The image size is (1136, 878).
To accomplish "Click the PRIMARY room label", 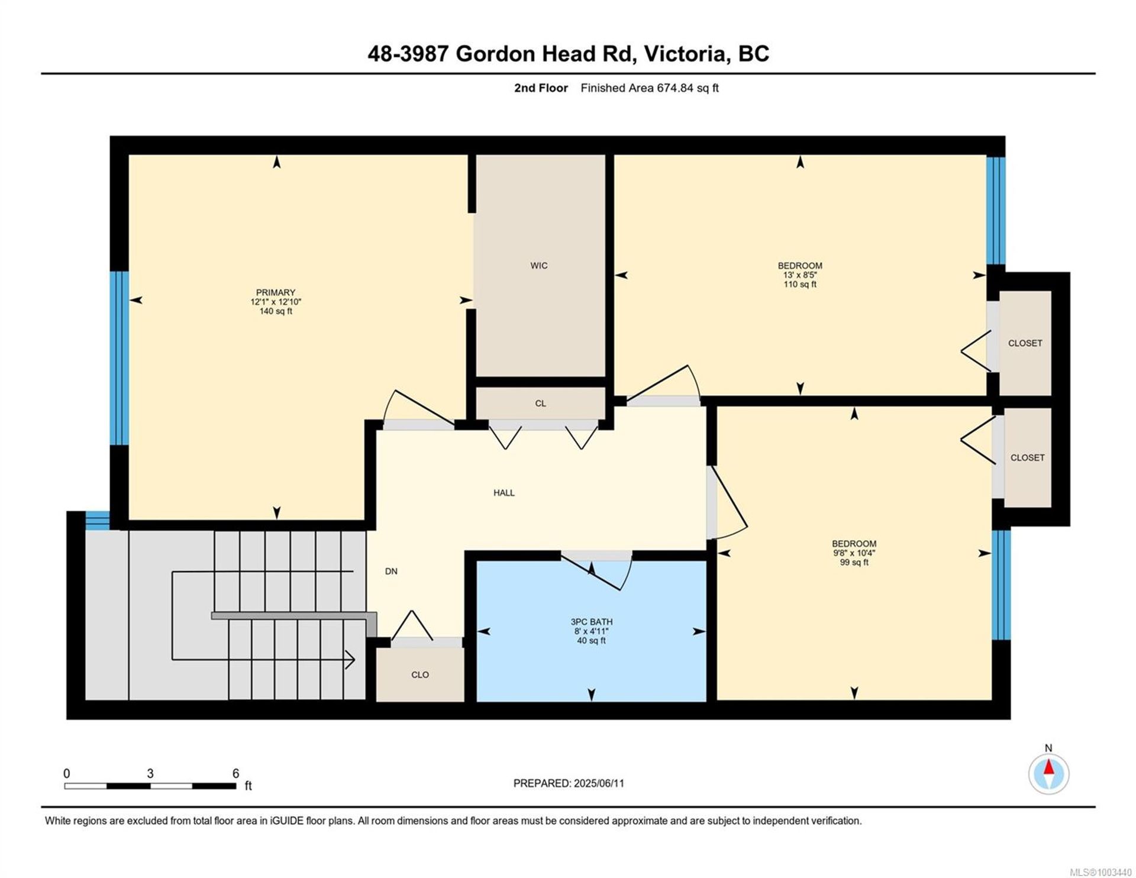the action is coord(275,292).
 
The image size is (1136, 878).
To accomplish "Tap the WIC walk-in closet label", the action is coord(538,266).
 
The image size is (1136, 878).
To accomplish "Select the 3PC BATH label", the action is coord(591,622).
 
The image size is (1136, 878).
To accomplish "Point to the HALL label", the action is coord(504,493).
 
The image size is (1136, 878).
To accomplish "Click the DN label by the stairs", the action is coord(391,572).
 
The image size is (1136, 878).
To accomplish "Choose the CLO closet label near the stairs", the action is coord(420,675).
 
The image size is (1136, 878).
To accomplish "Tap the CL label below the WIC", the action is coord(540,404).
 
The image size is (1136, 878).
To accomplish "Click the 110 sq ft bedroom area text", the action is coord(800,285).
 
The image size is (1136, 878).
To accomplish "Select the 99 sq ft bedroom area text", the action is coord(854,563).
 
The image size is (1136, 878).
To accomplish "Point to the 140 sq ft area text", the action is coord(275,311).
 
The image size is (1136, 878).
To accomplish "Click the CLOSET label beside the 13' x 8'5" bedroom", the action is coord(1025,343).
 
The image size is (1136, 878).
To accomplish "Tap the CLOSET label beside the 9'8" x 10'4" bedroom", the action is coord(1027,458).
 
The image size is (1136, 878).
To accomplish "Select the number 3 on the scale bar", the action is coord(150,774).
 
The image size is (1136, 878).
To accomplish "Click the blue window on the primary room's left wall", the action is coord(119,358).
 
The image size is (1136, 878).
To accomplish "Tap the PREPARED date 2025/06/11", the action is coord(599,783).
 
